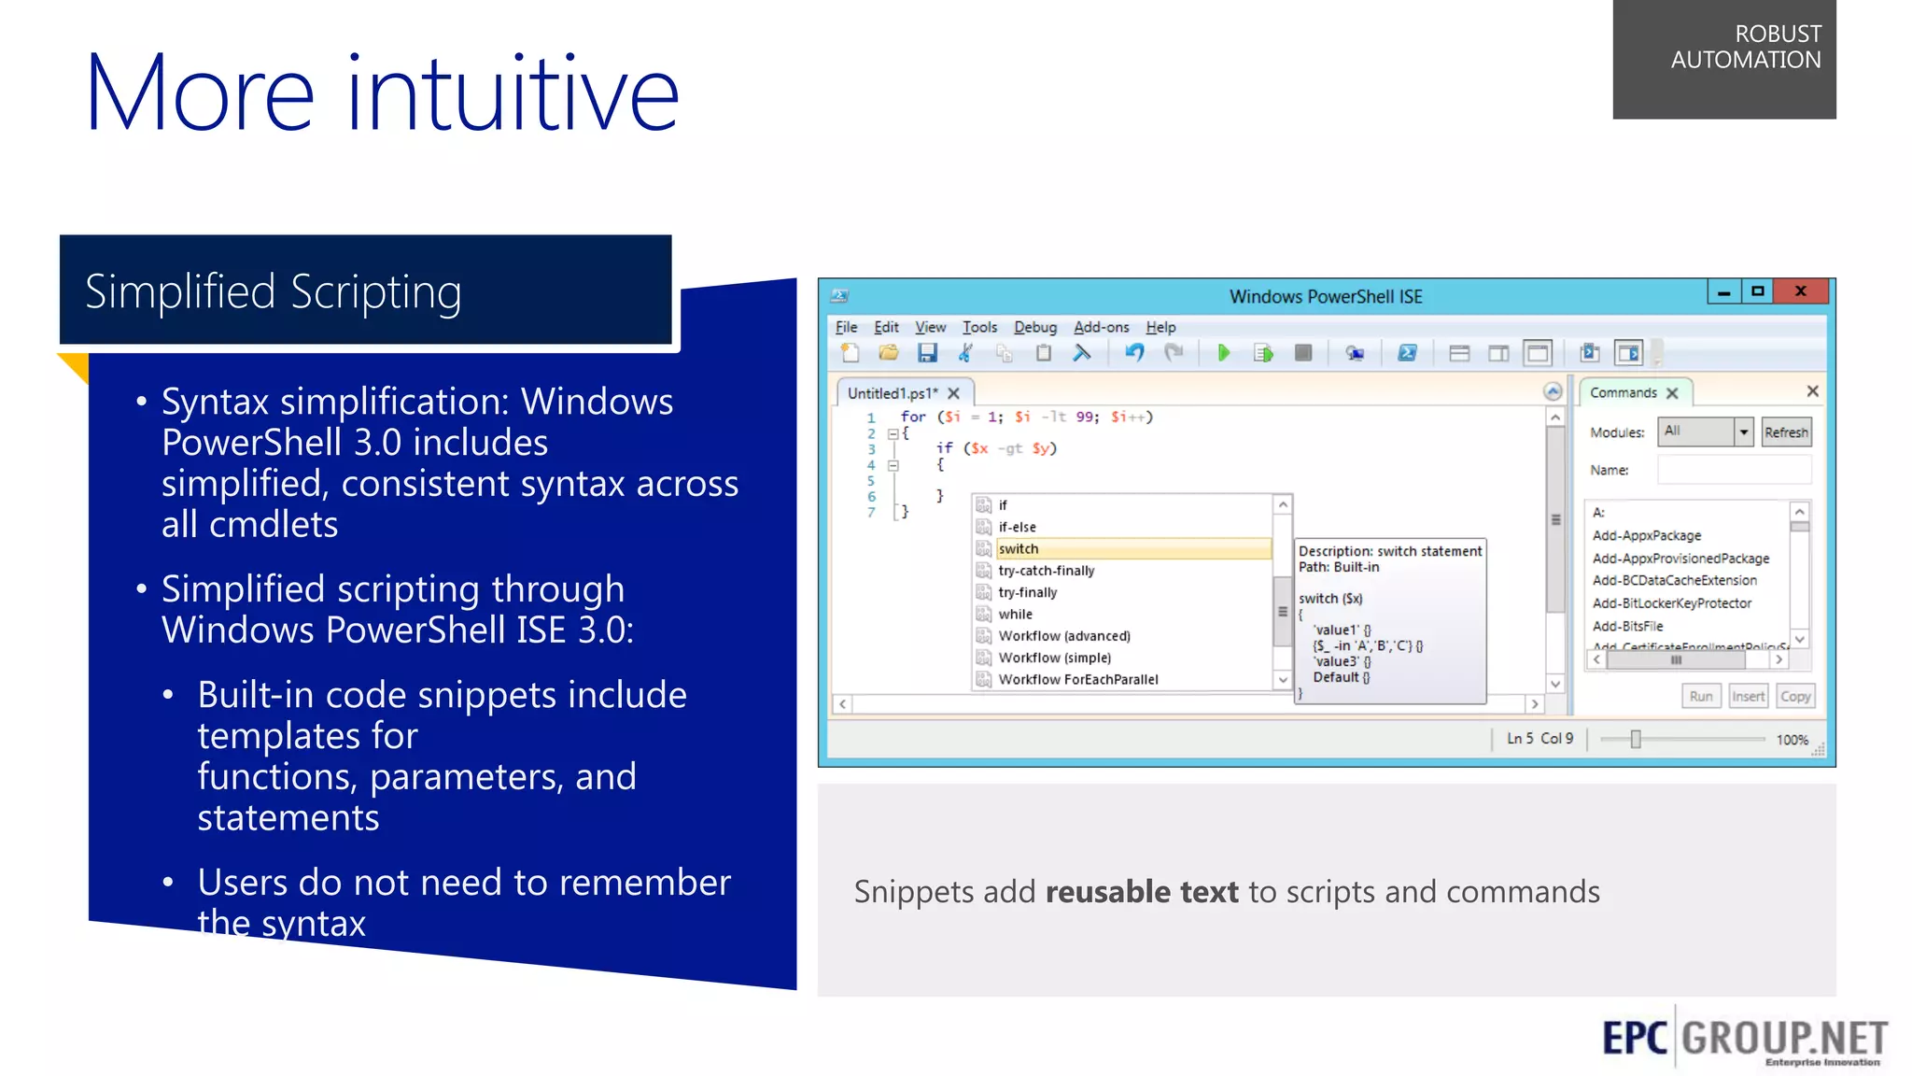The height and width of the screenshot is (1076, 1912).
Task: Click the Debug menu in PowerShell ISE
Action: point(1034,327)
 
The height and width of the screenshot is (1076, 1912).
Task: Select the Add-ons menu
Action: point(1101,327)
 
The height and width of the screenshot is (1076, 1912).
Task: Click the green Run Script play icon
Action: point(1223,353)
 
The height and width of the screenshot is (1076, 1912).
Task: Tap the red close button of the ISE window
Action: point(1800,291)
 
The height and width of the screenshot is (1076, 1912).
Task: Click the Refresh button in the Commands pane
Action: point(1785,432)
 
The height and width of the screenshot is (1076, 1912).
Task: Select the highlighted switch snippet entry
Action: point(1019,549)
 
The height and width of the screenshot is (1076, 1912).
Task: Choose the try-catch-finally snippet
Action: point(1046,571)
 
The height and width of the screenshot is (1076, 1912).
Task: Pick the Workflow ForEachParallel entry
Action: point(1077,680)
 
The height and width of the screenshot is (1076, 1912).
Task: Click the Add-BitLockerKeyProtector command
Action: point(1671,603)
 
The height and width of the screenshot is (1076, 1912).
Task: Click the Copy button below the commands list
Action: point(1794,697)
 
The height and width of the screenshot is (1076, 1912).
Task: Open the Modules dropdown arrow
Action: point(1743,432)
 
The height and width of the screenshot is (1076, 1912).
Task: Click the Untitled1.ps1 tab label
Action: point(892,393)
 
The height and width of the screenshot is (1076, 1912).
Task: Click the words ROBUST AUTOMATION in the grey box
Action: point(1745,48)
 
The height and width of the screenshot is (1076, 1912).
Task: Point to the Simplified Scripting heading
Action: point(274,291)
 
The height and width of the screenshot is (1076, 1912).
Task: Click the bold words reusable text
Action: point(1141,892)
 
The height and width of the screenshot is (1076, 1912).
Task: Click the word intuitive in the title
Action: point(513,93)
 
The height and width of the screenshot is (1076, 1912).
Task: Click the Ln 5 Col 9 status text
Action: point(1539,739)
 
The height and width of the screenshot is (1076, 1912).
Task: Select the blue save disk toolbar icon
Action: point(926,353)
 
